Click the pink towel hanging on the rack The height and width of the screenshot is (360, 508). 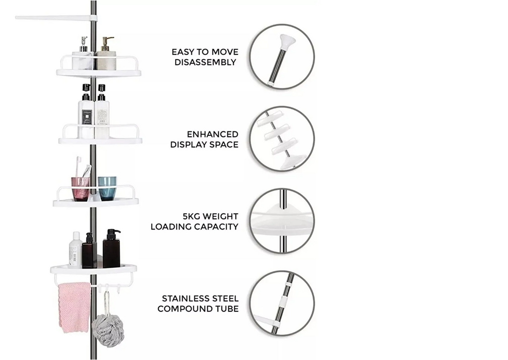point(74,307)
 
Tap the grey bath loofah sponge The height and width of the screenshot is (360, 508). point(108,330)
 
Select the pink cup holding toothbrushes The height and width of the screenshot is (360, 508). point(80,189)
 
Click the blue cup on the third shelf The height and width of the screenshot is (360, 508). point(107,188)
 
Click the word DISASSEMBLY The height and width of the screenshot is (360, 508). point(205,62)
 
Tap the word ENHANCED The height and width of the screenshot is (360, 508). point(212,134)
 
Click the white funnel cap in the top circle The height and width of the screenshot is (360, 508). point(287,42)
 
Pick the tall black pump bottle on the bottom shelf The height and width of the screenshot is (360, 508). point(112,248)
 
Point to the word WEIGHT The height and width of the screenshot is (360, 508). point(224,216)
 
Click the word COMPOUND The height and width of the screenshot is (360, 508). point(185,309)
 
